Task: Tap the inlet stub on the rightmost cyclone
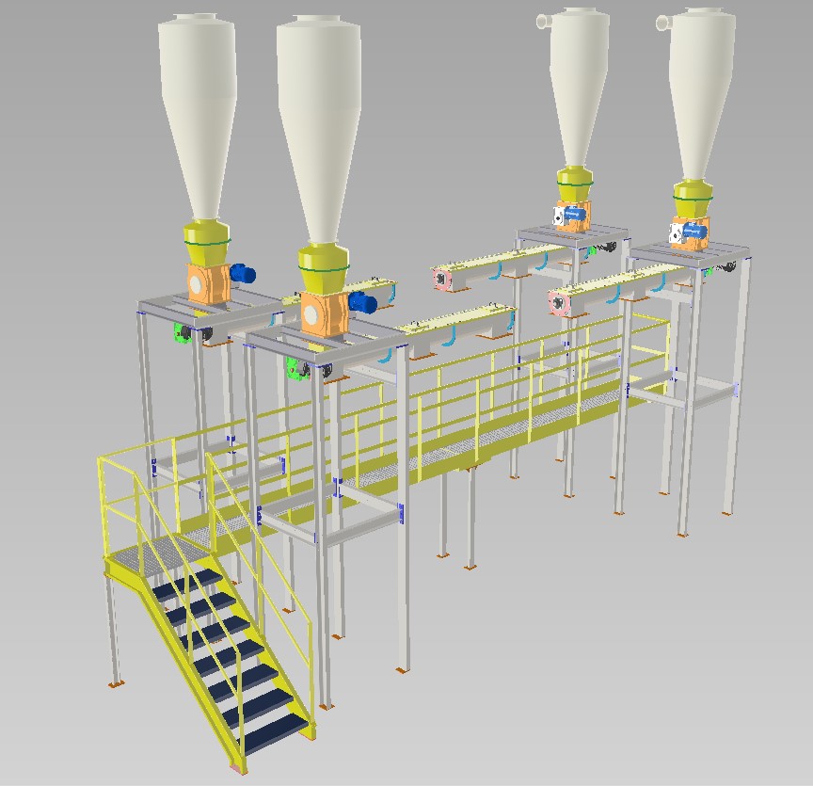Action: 662,20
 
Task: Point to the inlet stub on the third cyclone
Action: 542,19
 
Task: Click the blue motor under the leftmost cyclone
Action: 244,274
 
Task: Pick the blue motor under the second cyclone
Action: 362,302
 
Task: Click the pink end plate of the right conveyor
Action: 561,303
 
